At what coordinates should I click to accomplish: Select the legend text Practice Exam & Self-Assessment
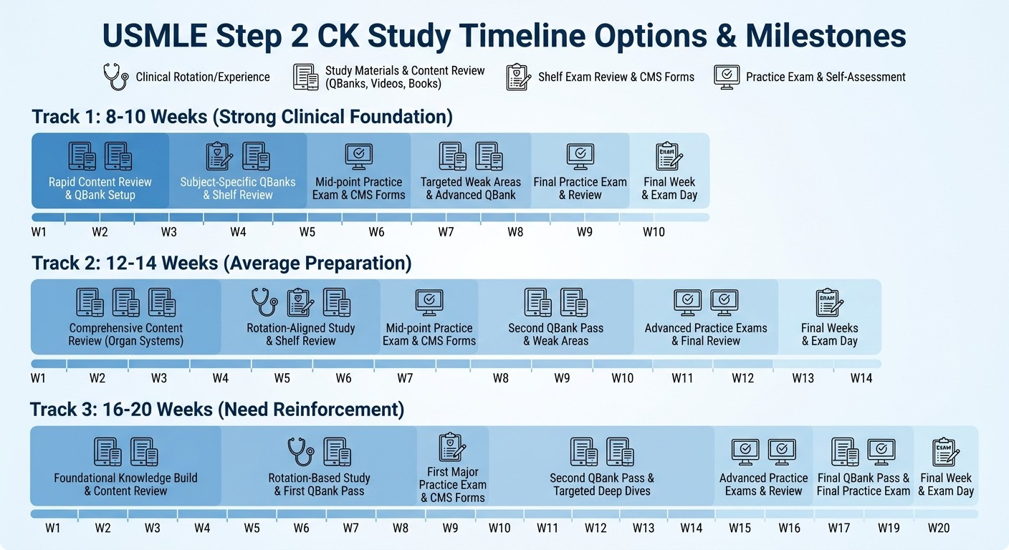tap(826, 77)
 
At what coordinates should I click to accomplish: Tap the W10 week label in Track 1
tap(654, 232)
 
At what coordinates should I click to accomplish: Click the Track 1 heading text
tap(242, 116)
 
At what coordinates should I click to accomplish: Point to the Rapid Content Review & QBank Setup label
tap(100, 188)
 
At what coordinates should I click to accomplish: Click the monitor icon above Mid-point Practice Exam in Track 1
tap(358, 155)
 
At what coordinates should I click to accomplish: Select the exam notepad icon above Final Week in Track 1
tap(669, 155)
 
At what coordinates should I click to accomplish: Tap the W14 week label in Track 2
tap(861, 378)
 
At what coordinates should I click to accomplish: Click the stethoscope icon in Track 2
tap(264, 302)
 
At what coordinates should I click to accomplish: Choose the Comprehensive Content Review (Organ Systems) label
tap(125, 334)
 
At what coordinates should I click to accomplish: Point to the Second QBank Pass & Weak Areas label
tap(555, 334)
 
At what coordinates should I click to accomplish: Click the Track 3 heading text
tap(217, 410)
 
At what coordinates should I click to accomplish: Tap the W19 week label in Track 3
tap(889, 528)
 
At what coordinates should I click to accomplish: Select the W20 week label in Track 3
tap(939, 528)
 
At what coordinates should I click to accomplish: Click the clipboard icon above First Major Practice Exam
tap(452, 447)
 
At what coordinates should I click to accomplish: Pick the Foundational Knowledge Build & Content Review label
tap(125, 484)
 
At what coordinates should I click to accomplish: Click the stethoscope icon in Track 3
tap(300, 452)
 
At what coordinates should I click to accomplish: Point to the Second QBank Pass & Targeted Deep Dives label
tap(602, 484)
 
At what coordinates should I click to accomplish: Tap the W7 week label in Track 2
tap(405, 378)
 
